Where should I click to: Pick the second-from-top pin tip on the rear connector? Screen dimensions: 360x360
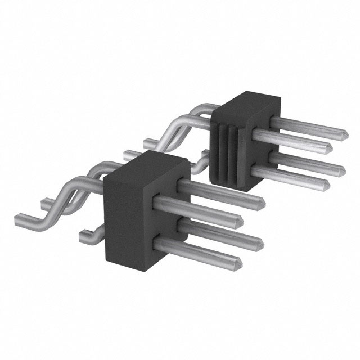point(327,148)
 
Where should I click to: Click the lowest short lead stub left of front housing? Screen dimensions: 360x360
point(85,236)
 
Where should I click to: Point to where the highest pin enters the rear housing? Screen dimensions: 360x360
point(276,120)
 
